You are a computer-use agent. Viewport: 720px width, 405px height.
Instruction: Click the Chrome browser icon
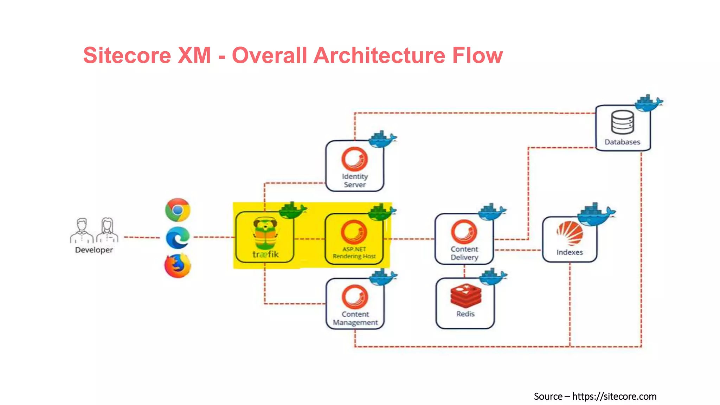pos(178,210)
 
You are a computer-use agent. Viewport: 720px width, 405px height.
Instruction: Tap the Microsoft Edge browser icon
pos(178,238)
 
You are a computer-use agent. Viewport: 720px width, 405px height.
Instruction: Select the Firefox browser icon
pos(178,266)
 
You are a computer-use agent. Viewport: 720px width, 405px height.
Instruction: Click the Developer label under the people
pos(94,250)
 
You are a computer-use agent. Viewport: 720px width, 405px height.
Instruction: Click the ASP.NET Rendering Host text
pos(354,253)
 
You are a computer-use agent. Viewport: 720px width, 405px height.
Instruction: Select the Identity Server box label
pos(355,180)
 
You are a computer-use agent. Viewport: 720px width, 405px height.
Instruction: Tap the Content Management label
pos(355,318)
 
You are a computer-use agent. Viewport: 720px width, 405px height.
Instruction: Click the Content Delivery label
pos(464,253)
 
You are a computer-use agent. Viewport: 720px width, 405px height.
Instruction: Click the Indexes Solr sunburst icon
pos(570,233)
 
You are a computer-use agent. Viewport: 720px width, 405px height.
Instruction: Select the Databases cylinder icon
pos(623,122)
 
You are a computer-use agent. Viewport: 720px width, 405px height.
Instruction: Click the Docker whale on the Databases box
pos(648,103)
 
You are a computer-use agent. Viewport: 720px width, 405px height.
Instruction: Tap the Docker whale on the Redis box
pos(493,277)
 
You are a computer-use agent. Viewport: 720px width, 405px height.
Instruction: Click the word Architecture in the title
pos(379,56)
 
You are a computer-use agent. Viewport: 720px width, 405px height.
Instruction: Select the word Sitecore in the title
pos(127,56)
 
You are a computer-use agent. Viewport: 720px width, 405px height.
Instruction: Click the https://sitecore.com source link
pos(614,397)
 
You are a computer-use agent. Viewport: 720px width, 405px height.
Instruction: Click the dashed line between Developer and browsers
pos(142,238)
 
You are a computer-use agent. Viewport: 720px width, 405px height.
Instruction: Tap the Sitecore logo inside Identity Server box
pos(355,159)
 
